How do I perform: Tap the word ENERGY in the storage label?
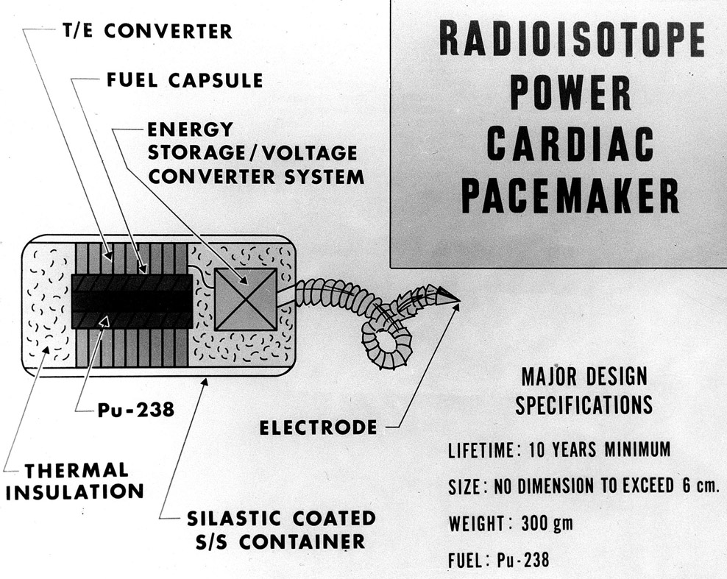191,130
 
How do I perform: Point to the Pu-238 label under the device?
136,410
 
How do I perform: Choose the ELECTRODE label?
318,427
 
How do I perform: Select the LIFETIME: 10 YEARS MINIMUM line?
559,450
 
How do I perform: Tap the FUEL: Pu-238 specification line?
498,561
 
